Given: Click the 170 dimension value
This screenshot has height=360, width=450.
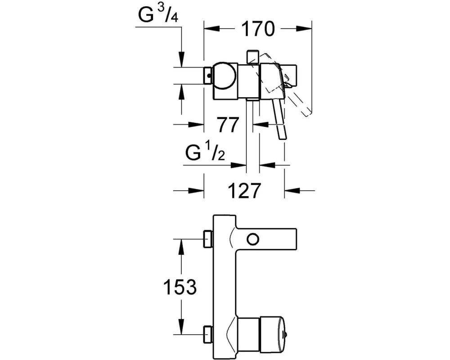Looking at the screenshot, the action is (257, 29).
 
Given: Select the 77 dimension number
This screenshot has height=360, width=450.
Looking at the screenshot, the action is (228, 125).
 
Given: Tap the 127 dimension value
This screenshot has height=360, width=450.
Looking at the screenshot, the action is (244, 190).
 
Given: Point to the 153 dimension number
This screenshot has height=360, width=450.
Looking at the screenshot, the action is (180, 287).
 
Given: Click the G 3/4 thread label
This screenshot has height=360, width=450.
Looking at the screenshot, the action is (158, 14).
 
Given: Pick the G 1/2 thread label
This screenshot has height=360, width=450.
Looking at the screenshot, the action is (205, 152).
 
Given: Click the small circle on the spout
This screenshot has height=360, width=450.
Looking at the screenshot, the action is (253, 239).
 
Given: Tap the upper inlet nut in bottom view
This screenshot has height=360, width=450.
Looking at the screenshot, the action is (208, 239).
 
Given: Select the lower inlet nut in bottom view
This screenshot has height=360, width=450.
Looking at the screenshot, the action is (208, 334).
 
